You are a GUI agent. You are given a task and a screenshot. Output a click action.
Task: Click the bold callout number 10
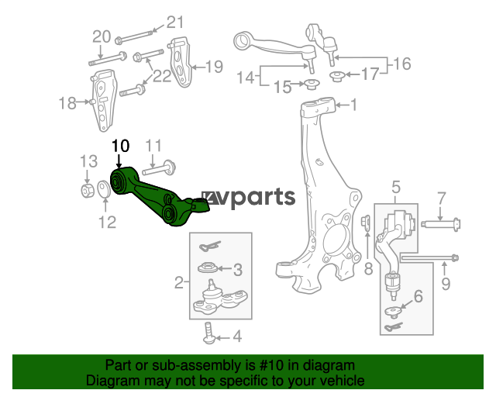(x=121, y=146)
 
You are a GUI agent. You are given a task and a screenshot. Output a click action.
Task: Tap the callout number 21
(x=175, y=22)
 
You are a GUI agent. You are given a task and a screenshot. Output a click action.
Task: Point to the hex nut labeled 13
(x=88, y=190)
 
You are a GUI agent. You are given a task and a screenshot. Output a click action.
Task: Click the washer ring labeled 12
(x=104, y=189)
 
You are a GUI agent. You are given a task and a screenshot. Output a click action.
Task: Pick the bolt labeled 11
(x=159, y=168)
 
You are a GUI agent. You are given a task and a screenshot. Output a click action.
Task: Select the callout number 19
(x=215, y=67)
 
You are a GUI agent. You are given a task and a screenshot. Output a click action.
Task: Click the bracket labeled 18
(x=103, y=100)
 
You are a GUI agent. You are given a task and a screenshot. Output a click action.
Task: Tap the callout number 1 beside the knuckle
(x=353, y=105)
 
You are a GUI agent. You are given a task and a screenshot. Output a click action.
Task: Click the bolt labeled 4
(x=209, y=333)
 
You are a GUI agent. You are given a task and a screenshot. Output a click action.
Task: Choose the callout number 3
(x=238, y=269)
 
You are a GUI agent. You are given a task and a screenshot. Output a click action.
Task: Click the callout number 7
(x=442, y=198)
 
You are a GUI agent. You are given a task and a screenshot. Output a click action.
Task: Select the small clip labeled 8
(x=366, y=222)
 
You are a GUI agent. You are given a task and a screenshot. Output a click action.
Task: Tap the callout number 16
(x=402, y=64)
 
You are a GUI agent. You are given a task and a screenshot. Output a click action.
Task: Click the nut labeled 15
(x=312, y=85)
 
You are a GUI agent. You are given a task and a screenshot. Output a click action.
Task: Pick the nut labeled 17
(x=337, y=76)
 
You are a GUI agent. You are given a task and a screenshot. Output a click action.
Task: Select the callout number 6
(x=418, y=297)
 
